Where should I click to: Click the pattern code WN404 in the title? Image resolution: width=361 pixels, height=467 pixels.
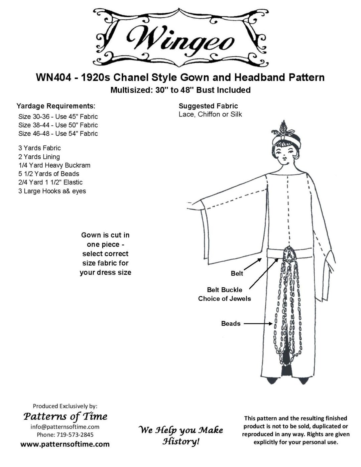(53, 77)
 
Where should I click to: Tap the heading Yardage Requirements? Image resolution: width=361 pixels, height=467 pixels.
(56, 106)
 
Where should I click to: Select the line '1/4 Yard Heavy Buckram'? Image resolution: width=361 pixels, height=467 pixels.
(54, 165)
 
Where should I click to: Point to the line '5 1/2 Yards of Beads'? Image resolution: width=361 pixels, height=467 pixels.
(49, 174)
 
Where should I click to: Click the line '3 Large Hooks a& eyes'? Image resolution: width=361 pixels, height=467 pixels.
(52, 191)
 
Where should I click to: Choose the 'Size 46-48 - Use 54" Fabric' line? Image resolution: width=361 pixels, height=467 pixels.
(58, 134)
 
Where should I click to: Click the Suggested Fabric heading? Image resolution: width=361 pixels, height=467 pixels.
(208, 106)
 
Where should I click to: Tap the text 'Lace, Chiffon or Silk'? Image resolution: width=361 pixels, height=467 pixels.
(210, 115)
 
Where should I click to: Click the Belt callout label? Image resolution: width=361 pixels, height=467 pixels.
(237, 274)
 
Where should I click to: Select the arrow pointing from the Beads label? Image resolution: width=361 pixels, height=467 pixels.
(258, 323)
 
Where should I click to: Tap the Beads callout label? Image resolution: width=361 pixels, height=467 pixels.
(231, 324)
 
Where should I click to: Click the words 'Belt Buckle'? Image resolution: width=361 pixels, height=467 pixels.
(225, 290)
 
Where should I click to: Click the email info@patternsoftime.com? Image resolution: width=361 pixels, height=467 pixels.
(65, 427)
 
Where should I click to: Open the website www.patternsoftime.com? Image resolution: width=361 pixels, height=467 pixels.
(65, 444)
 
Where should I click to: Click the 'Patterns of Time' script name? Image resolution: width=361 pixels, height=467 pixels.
(66, 416)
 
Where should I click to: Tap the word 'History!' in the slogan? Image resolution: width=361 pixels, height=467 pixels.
(181, 442)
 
